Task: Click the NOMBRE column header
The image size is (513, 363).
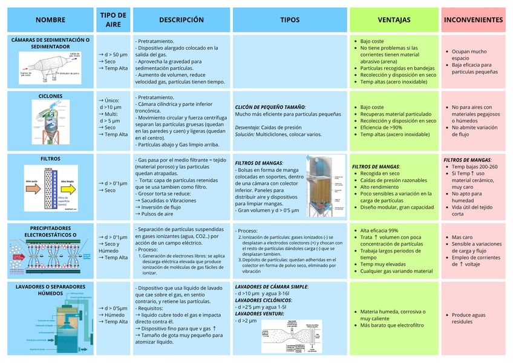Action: (x=50, y=20)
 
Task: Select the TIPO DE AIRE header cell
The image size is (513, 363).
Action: (x=113, y=19)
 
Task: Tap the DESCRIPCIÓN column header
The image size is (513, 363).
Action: (x=181, y=20)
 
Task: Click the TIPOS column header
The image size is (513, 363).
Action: (x=290, y=20)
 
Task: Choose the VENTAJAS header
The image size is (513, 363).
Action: (x=394, y=20)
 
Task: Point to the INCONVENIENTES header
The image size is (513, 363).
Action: (x=473, y=20)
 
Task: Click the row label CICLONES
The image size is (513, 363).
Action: (x=50, y=96)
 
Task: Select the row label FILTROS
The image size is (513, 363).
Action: (x=50, y=159)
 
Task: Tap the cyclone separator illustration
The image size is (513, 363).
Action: (x=51, y=122)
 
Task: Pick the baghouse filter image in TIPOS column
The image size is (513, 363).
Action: (x=325, y=185)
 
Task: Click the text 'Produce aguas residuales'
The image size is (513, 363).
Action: (x=468, y=318)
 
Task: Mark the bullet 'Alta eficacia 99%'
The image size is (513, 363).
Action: (x=379, y=231)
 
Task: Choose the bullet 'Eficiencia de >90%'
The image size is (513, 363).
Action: (x=381, y=128)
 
